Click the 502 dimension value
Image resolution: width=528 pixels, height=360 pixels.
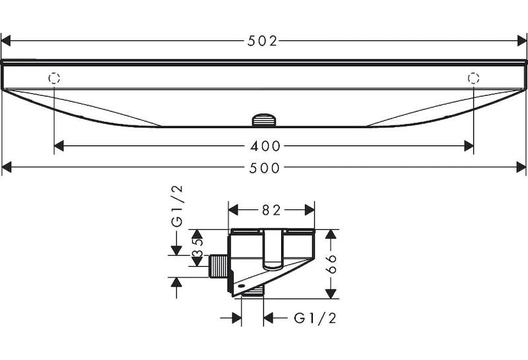(263, 41)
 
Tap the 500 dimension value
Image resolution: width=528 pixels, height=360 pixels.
(263, 168)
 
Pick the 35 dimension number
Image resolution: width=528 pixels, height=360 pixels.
(197, 248)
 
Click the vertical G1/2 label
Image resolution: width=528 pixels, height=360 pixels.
(178, 207)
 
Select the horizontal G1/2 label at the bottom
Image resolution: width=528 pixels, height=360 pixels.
(315, 318)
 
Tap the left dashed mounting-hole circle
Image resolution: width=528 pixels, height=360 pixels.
(55, 78)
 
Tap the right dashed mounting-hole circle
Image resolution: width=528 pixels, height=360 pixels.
(473, 78)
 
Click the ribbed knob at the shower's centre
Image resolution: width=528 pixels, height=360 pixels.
(263, 120)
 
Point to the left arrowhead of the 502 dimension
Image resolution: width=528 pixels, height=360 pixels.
(7, 41)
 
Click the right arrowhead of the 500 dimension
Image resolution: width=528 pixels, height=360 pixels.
(521, 168)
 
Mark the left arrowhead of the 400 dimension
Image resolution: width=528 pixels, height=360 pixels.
(59, 146)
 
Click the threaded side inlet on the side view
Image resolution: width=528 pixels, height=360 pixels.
(216, 266)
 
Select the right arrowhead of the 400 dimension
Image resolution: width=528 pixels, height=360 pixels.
(468, 146)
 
